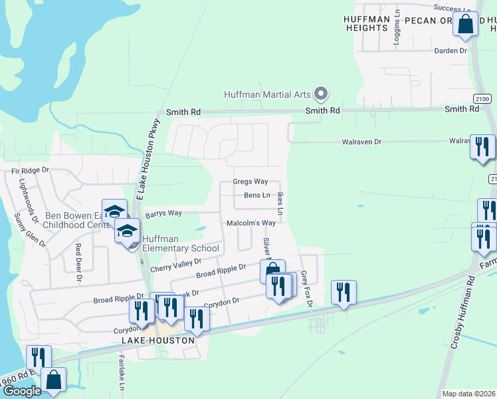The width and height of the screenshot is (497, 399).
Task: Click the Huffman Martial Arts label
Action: [x=267, y=94]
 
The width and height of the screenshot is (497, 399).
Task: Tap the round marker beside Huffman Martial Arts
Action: [x=321, y=93]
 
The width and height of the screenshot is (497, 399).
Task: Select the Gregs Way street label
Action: [x=250, y=182]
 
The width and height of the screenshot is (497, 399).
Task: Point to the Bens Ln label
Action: [x=257, y=196]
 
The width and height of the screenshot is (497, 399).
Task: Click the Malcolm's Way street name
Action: [x=251, y=223]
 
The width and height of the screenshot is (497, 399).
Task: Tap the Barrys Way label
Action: [x=163, y=213]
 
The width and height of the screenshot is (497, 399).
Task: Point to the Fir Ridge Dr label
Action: [x=31, y=171]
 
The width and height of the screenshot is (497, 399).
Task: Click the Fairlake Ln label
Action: [x=122, y=373]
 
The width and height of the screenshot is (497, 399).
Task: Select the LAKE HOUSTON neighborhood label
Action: [x=158, y=340]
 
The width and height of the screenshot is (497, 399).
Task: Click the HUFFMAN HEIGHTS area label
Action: [x=366, y=23]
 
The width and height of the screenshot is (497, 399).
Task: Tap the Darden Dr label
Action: [x=450, y=51]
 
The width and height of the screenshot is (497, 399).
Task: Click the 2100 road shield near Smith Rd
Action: [x=482, y=98]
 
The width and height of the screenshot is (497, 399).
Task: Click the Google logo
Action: [x=21, y=391]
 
